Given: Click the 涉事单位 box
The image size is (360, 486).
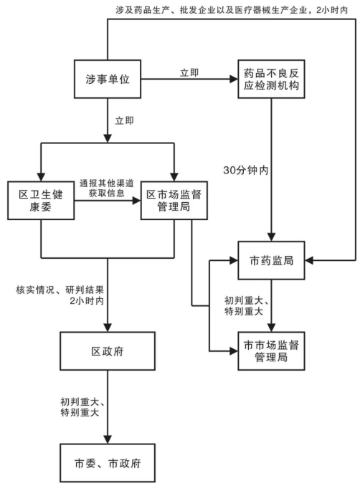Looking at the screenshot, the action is tap(108, 79).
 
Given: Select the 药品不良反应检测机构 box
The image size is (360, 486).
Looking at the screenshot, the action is tap(271, 79).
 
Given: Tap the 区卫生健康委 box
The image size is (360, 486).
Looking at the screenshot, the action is tap(41, 201).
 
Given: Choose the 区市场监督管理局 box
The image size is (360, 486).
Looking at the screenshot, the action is tap(174, 201).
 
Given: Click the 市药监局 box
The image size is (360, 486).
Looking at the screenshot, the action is tap(271, 260).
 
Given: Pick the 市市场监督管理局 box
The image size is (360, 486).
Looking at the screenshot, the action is tap(271, 351).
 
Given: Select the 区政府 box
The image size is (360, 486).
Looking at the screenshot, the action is tap(108, 351).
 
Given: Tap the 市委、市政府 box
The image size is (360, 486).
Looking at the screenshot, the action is tap(108, 463).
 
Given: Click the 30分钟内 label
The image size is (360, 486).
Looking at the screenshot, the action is tap(245, 170).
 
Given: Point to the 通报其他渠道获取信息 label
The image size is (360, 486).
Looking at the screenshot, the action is tap(107, 188).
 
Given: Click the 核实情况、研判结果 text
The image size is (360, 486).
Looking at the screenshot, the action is tap(60, 290).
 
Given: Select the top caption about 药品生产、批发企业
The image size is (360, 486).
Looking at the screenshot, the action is tap(232, 10).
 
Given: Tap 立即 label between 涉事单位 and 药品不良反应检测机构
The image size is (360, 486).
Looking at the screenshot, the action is tap(189, 72).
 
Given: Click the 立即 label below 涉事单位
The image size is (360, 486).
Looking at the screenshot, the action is tap(124, 120).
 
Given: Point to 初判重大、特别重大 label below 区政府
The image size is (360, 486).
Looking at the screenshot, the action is tap(82, 407).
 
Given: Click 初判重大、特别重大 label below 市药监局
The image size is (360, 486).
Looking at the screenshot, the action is tap(246, 305).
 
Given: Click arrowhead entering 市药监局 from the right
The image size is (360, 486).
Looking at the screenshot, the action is tap(309, 260).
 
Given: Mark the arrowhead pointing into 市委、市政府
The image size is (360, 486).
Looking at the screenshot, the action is tap(108, 439).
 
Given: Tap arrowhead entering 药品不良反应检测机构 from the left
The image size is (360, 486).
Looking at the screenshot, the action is tap(234, 79).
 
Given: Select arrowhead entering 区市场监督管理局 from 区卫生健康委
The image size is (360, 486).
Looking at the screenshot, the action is tap(136, 201).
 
